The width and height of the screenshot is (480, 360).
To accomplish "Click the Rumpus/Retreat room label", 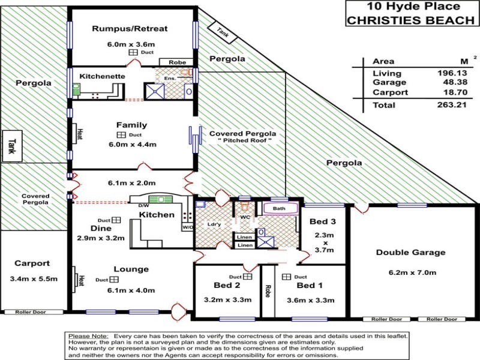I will [130, 28].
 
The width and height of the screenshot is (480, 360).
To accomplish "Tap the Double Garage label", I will [410, 253].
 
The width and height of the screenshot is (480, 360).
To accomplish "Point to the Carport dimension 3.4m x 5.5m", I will [33, 279].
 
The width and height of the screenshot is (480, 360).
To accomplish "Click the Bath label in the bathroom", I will [280, 209].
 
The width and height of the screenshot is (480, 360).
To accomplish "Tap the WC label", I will [245, 217].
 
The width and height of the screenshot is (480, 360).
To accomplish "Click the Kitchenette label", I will [102, 77].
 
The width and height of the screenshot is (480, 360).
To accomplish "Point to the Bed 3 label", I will [322, 221].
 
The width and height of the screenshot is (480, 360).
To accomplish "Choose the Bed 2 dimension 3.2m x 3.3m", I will [227, 300].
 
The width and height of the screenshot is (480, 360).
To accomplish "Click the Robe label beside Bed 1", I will [266, 291].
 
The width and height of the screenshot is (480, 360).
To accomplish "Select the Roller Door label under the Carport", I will [32, 312].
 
